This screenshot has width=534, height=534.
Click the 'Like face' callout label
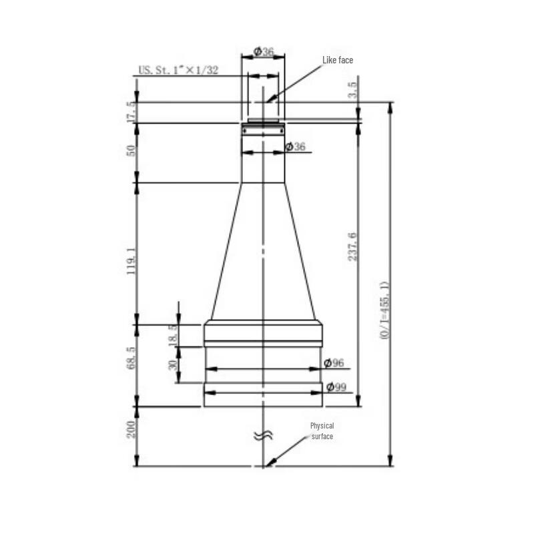point(337,60)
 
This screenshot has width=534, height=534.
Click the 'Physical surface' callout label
point(322,431)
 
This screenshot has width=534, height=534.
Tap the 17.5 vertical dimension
point(131,110)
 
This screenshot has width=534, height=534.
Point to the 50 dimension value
point(131,152)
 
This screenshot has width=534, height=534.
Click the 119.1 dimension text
point(131,261)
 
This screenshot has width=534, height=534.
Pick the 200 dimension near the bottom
point(131,429)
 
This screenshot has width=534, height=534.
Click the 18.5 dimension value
point(173,334)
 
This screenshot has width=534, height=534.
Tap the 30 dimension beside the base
point(173,365)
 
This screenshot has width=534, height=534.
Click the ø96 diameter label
point(334,363)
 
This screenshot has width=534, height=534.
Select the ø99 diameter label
point(336,386)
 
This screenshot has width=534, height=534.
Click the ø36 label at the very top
point(264,52)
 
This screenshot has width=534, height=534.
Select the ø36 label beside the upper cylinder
point(295,146)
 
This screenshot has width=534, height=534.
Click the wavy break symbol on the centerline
point(264,436)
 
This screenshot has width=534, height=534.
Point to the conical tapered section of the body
point(263,254)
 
